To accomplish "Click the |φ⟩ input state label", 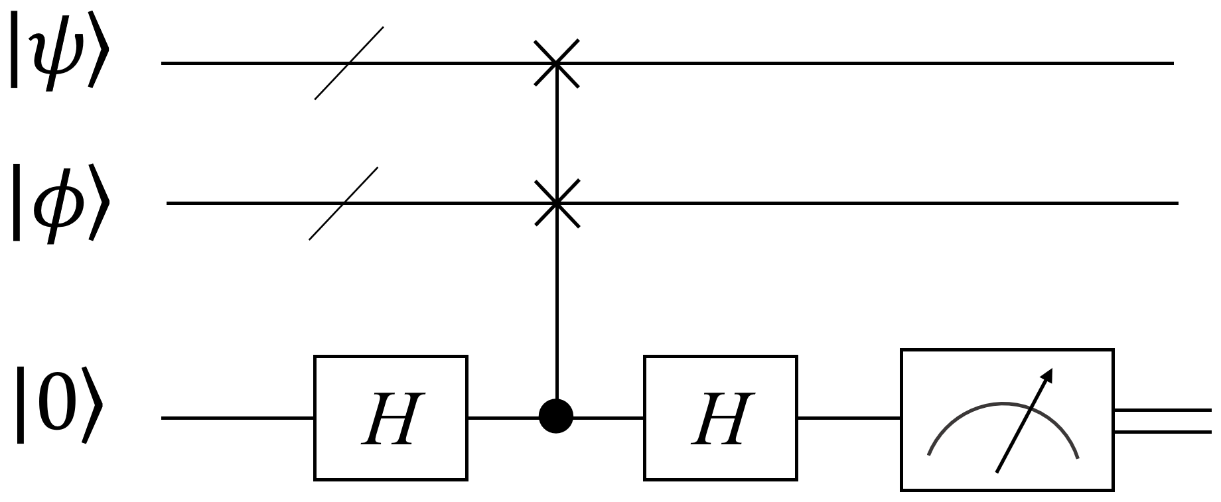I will (x=56, y=202).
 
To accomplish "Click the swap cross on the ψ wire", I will (x=556, y=64).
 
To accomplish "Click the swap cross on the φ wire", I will (x=556, y=203).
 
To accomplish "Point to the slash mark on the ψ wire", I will (x=349, y=64).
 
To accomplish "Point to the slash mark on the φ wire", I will (x=343, y=203).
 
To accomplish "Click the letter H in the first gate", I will (x=390, y=419).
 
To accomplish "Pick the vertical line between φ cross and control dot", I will (x=556, y=305).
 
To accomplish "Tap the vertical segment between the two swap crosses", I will (x=556, y=133).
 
